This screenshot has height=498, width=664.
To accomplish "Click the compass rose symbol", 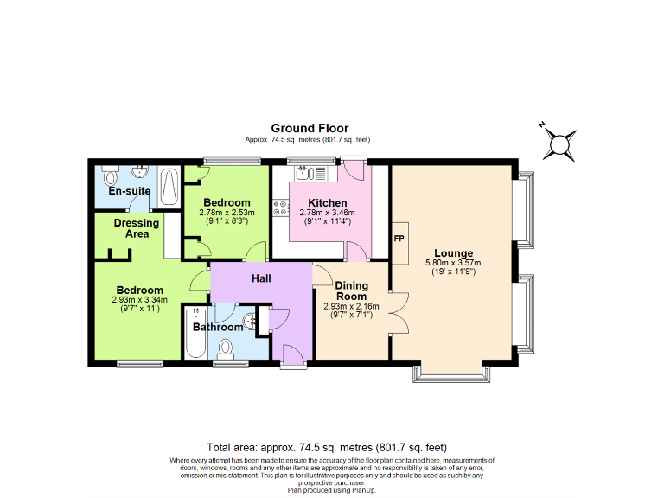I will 560,143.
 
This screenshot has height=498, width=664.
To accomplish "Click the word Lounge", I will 453,252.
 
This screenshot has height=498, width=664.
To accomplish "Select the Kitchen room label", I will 315,202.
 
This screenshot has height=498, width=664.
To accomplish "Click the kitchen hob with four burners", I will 280,207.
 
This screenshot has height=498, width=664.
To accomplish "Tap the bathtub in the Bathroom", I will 193,337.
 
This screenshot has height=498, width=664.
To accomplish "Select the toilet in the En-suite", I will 110,179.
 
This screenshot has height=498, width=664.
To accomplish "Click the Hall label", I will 262,279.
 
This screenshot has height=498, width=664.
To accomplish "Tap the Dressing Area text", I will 137,228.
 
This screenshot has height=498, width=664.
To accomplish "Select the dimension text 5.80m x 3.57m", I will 453,263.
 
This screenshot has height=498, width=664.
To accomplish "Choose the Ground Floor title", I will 310,128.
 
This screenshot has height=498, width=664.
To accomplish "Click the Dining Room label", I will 352,290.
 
